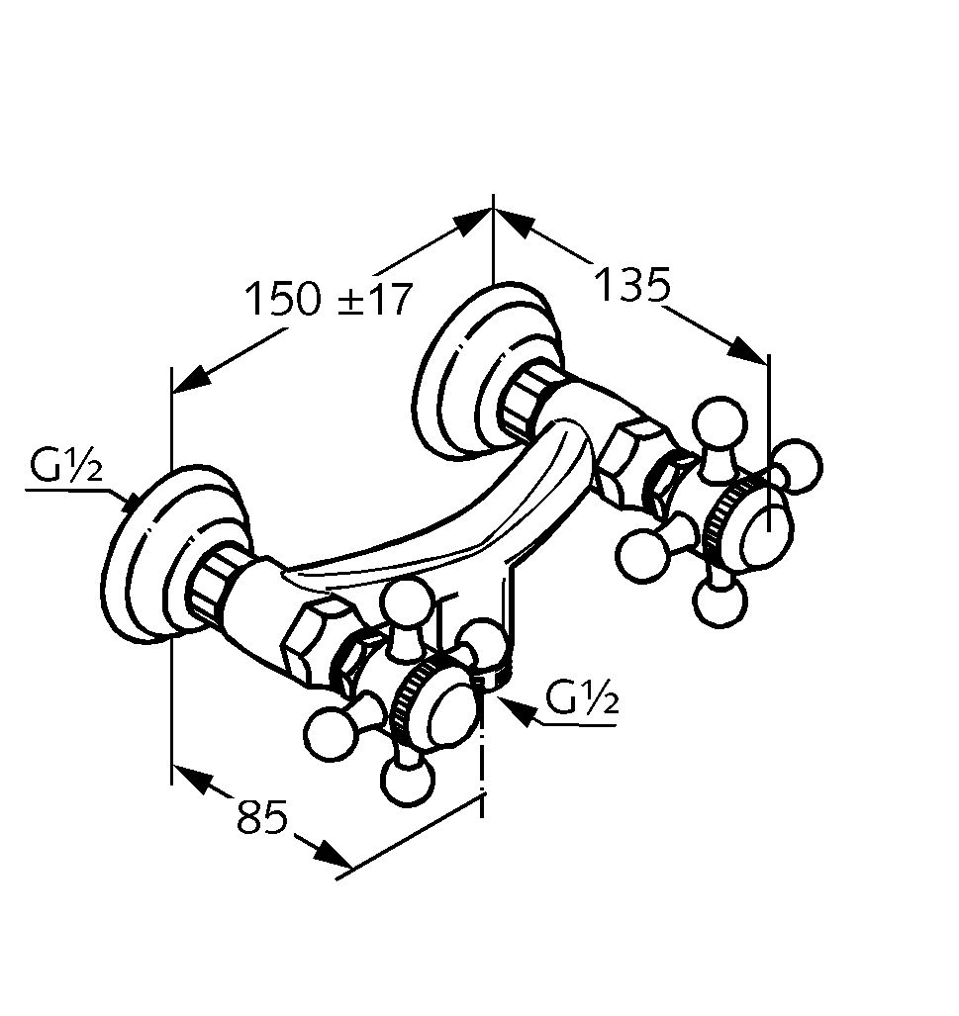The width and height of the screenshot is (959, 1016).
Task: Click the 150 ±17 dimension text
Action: pos(328,298)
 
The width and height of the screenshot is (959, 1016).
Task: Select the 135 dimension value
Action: pos(632,285)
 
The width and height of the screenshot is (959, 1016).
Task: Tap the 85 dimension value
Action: pos(261,817)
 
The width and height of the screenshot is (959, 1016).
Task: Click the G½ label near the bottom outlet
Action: pos(583,700)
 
